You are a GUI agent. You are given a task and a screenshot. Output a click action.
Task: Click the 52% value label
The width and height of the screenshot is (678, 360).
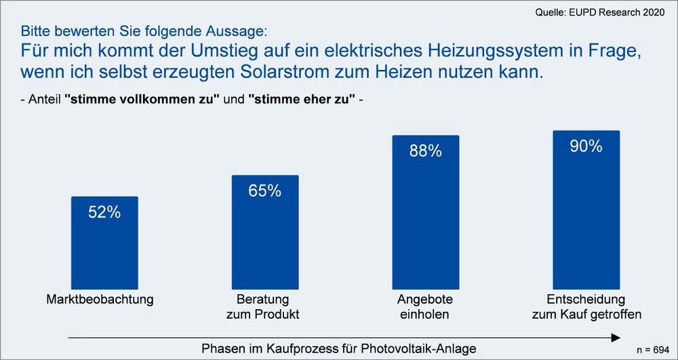pos(104,212)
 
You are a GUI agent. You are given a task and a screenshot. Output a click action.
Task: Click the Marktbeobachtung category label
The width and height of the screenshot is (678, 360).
pos(100,299)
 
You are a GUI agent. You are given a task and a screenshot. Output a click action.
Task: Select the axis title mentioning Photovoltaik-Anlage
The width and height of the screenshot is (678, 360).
pos(339,348)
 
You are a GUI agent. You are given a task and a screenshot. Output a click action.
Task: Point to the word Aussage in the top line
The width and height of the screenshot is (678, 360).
pos(239,31)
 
